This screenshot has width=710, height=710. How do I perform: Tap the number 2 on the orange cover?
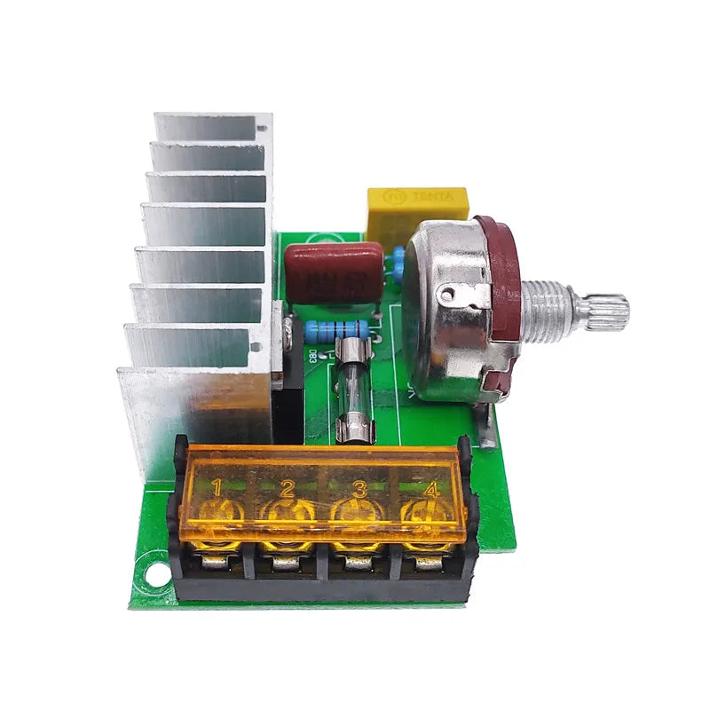click(x=287, y=487)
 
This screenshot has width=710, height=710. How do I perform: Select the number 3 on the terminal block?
click(x=359, y=487)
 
